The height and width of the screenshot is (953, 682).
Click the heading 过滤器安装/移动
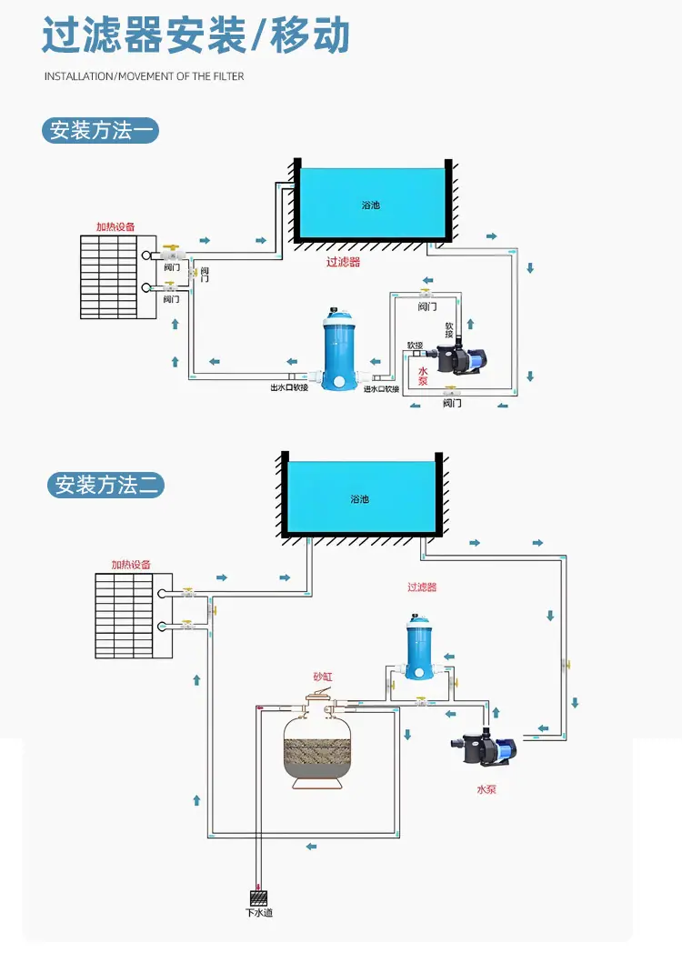196,35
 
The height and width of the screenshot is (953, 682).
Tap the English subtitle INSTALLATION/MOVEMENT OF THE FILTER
144,76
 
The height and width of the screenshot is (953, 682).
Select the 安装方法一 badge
100,131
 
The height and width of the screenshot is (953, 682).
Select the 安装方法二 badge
105,485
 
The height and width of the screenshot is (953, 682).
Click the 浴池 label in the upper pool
371,205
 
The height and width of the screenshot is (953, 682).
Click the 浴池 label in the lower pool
359,499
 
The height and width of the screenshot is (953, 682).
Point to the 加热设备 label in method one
115,226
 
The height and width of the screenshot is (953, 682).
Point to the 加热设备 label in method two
131,565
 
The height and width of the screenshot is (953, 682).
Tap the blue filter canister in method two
419,647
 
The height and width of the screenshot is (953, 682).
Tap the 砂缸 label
323,677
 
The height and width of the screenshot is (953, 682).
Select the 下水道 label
259,912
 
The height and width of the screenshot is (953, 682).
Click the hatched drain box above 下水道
258,898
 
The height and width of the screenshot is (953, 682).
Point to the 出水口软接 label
289,387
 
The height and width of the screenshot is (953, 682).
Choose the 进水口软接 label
381,389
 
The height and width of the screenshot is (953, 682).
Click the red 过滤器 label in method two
422,587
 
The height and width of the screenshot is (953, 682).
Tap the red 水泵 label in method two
486,789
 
